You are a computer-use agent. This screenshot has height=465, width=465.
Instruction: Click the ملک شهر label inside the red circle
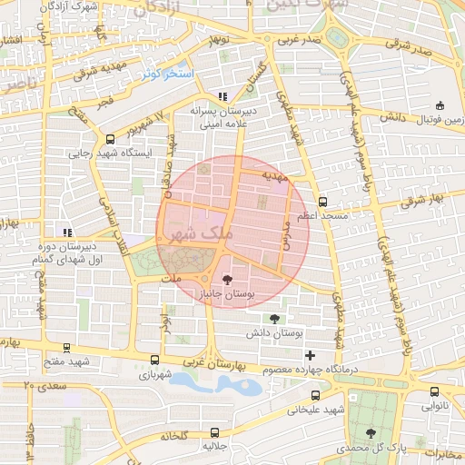202,234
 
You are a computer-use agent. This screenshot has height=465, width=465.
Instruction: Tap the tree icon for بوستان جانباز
226,280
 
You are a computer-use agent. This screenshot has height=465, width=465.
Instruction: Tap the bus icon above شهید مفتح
65,347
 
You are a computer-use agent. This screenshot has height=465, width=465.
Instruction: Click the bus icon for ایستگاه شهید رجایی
111,139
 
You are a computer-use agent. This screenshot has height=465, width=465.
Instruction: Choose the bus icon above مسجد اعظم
323,202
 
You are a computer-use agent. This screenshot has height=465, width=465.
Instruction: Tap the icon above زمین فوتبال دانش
440,104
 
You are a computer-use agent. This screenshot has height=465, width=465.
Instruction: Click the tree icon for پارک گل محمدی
370,433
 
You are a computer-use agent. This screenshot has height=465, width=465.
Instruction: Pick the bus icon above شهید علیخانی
315,395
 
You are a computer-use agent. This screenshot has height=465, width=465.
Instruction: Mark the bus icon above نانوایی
434,392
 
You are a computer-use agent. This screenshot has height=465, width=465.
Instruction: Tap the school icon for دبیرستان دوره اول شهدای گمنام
65,231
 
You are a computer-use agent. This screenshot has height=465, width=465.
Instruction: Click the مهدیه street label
274,173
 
